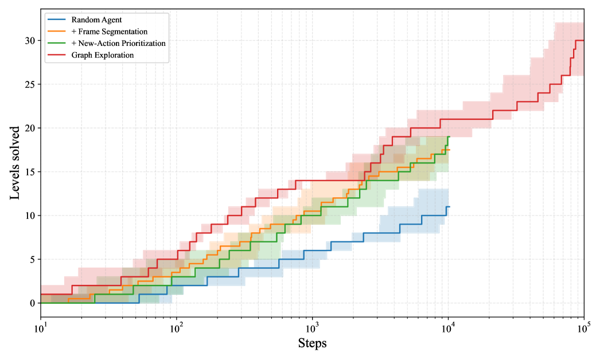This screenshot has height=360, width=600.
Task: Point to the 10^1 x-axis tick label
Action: click(41, 328)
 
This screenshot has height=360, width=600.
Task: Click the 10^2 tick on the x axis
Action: click(177, 328)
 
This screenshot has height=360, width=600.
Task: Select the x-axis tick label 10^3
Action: click(313, 328)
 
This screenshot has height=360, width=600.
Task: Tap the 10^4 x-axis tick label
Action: click(448, 328)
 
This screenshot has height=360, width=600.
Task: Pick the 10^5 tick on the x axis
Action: click(584, 328)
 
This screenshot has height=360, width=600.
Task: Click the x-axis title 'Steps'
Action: click(312, 343)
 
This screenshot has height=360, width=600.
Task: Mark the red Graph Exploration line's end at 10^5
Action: click(583, 40)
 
